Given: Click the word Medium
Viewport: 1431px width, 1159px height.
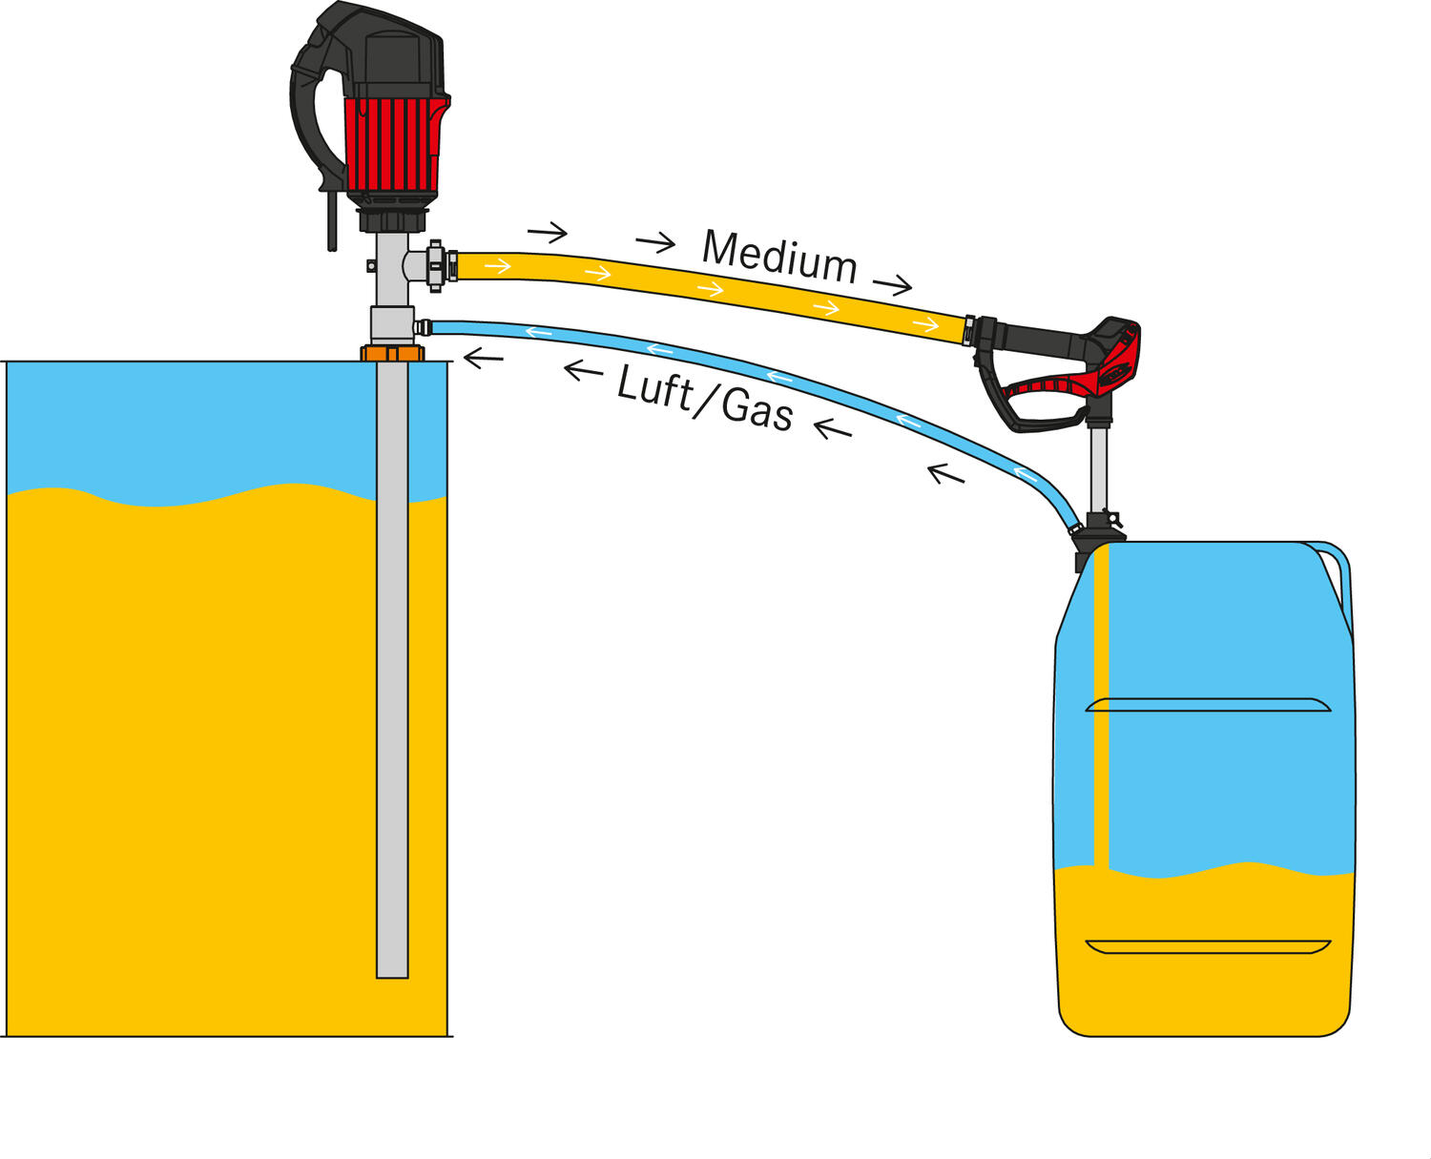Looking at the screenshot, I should (778, 257).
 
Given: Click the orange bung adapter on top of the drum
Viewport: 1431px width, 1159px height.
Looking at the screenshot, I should (391, 354).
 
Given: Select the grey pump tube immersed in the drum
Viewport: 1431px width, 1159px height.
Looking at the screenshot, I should (392, 668).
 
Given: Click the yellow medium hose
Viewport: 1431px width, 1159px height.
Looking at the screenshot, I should (706, 288).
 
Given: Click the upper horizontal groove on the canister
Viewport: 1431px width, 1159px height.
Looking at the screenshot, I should (1208, 705).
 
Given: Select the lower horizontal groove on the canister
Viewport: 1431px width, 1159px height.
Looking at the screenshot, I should (1208, 946).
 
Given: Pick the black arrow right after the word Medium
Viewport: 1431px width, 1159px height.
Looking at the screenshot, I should (892, 284).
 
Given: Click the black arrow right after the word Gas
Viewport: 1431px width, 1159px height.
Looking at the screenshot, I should (832, 429).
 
